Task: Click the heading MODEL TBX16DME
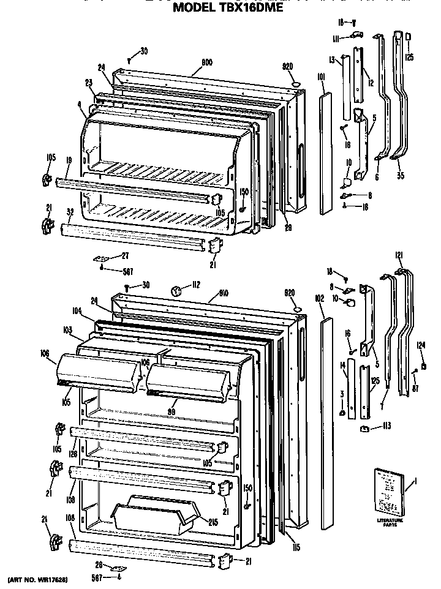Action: tap(228, 9)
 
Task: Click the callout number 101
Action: tap(321, 78)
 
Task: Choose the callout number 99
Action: tap(172, 412)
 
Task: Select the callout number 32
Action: tap(70, 212)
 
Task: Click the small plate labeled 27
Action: tap(100, 258)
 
